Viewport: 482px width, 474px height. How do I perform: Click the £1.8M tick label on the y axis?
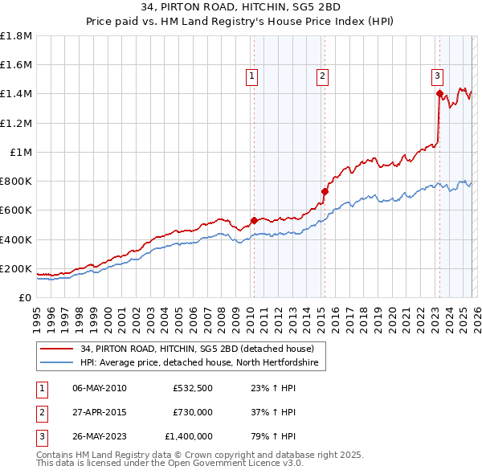coord(16,36)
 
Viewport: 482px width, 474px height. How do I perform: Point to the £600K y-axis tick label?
coord(16,210)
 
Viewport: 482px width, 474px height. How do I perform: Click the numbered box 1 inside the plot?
coord(251,76)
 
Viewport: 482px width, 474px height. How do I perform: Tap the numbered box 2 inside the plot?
coord(322,76)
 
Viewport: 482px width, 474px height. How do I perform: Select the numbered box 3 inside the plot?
coord(437,76)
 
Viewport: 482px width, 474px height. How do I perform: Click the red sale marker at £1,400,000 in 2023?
coord(439,94)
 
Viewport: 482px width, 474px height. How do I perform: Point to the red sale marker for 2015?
coord(325,191)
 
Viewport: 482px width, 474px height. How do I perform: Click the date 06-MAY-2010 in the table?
coord(100,389)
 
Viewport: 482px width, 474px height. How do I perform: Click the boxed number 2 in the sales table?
coord(40,412)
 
